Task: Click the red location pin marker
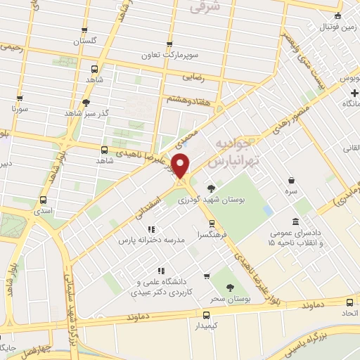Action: [x=181, y=165]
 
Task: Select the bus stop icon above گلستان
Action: [x=85, y=31]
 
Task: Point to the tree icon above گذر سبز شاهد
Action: [x=85, y=103]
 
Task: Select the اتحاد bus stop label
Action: [x=349, y=311]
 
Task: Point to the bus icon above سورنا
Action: [x=19, y=99]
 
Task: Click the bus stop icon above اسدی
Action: [x=44, y=200]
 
